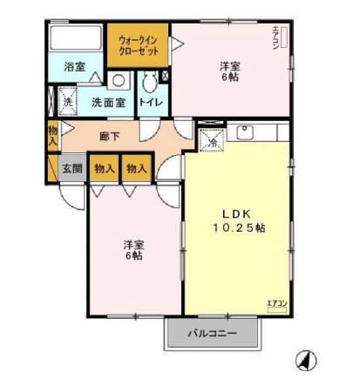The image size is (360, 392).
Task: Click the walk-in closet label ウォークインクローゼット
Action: (138, 44)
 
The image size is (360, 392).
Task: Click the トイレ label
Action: (150, 102)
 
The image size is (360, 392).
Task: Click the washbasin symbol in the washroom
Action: (118, 81)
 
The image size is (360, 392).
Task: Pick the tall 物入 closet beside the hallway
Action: (52, 134)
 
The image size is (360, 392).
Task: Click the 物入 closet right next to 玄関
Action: (105, 167)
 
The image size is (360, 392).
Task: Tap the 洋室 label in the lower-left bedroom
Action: (132, 245)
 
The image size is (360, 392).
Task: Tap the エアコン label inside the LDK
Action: (276, 302)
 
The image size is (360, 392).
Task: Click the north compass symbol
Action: (306, 358)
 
